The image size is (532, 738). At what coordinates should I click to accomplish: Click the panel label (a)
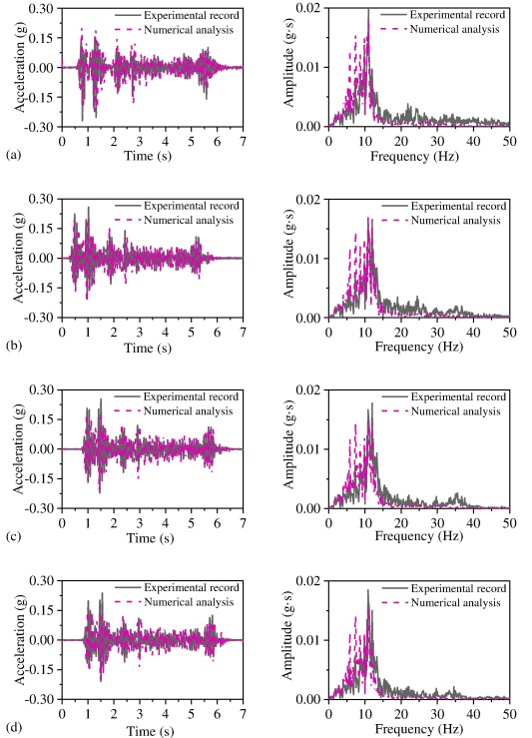point(11,157)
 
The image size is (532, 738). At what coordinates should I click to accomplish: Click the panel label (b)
point(11,348)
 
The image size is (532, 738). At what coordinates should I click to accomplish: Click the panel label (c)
point(11,538)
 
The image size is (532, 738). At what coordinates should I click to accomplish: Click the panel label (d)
point(11,730)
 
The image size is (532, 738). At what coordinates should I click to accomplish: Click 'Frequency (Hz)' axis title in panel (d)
point(418,730)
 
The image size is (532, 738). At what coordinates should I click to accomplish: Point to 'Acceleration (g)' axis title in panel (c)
point(20,449)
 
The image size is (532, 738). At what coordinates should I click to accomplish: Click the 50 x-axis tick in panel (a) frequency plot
point(508,141)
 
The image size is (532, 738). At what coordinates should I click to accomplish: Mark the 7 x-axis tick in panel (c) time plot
point(243,523)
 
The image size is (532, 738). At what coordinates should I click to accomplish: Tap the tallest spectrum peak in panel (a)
point(368,11)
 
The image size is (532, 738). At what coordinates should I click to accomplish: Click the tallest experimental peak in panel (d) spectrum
point(367,590)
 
